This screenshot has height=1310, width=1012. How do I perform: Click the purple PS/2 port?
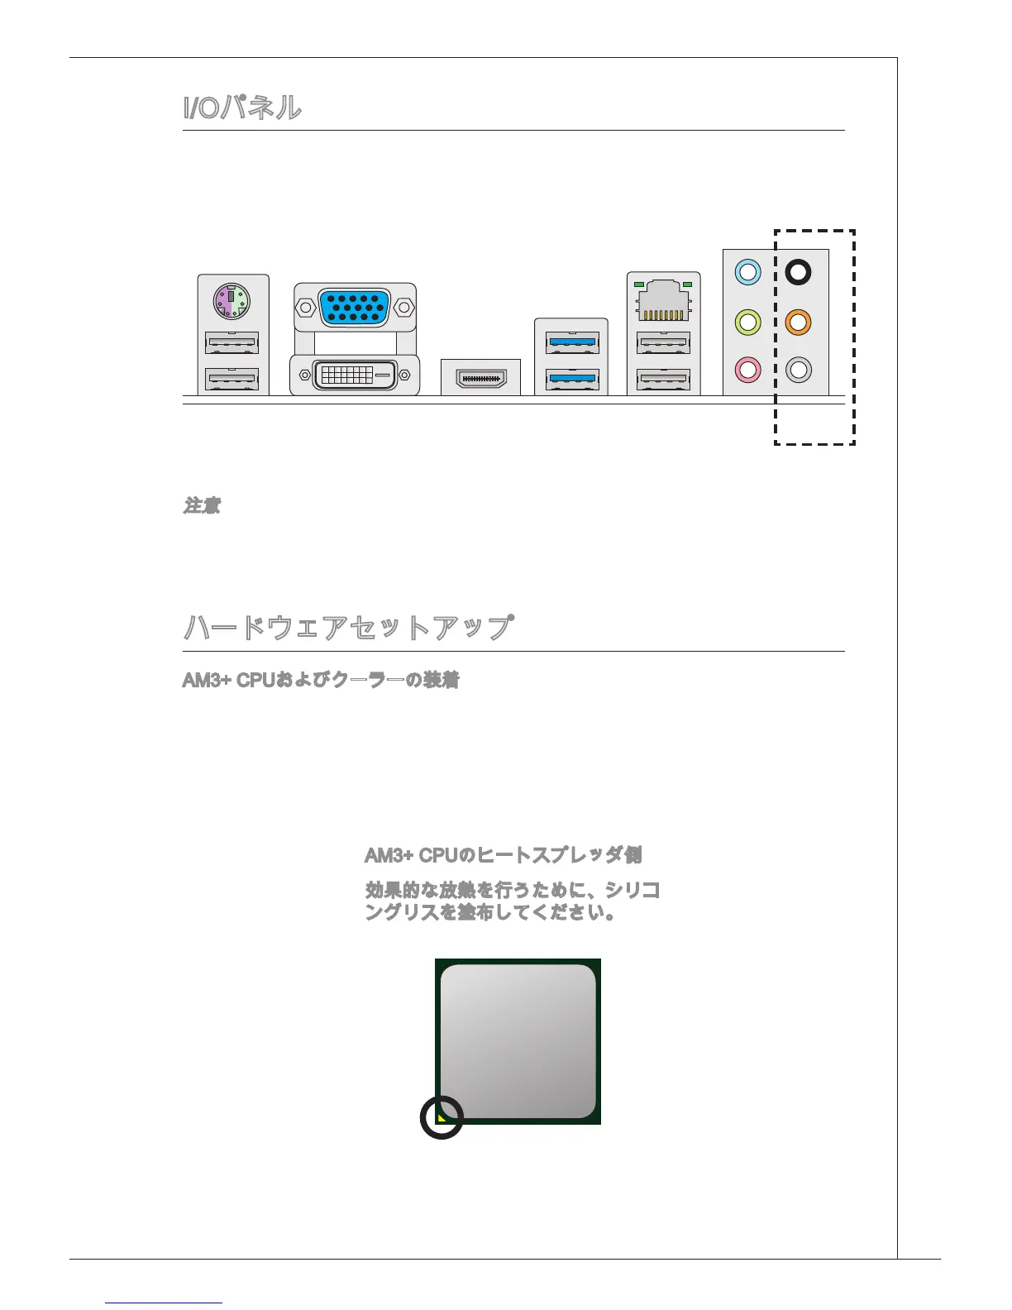232,301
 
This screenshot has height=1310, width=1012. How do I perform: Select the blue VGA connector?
355,307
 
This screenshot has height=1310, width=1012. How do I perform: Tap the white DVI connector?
355,375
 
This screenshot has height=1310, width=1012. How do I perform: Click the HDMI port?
480,378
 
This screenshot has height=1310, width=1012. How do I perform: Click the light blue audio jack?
747,272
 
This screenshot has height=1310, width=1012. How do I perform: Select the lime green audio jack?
747,321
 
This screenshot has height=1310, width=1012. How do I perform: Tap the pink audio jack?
747,369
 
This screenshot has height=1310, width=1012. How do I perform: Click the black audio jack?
798,272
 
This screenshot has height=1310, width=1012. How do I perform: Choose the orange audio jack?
798,321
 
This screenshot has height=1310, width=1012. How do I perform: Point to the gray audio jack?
798,369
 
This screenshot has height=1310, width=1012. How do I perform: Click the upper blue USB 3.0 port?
571,342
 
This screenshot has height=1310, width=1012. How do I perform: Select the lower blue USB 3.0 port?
571,380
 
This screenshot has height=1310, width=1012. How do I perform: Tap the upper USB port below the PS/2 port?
232,342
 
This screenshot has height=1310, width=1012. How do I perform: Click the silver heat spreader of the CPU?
518,1041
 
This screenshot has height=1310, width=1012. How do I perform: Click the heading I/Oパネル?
242,108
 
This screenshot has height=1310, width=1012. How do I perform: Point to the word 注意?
202,505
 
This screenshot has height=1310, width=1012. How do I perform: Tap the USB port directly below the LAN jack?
663,342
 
